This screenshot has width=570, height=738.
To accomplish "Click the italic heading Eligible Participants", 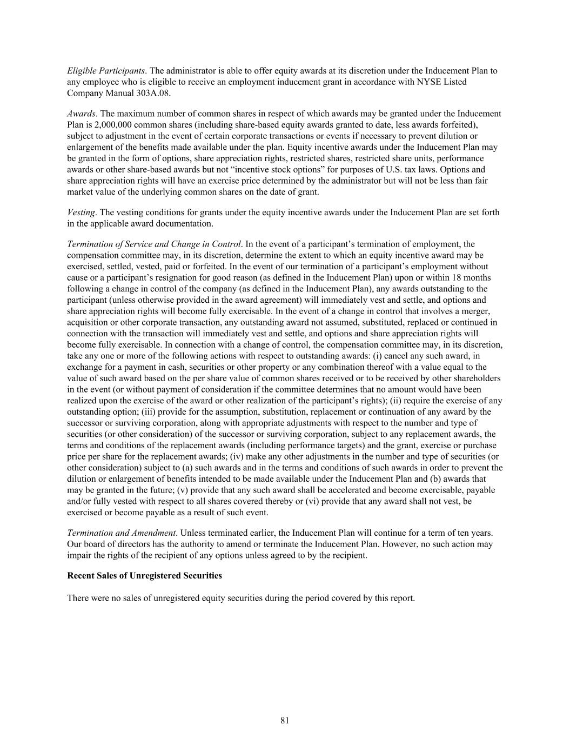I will (106, 71).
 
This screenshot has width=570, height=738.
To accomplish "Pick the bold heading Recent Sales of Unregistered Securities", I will (144, 576).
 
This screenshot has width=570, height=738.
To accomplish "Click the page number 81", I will (285, 720).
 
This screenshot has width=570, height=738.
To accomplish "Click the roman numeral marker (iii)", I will (150, 412).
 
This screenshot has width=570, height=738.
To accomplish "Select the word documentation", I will (187, 224).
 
